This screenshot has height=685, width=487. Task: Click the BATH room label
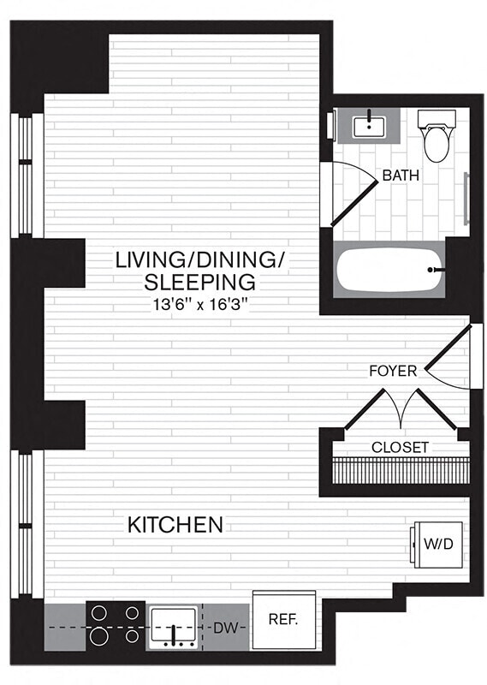(x=401, y=176)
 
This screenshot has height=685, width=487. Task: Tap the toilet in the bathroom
(x=436, y=137)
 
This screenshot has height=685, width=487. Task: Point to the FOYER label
(x=393, y=371)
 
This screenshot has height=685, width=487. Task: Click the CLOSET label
(x=401, y=447)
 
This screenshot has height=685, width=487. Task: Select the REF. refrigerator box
(x=282, y=619)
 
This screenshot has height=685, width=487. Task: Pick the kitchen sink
(x=175, y=627)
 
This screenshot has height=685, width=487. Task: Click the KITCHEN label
(x=175, y=524)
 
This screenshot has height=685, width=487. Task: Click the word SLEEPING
(x=199, y=282)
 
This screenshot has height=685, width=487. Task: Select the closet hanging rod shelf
(x=401, y=470)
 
